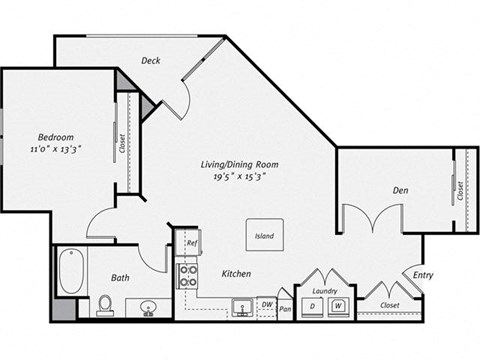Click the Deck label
(x=151, y=60)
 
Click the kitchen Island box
(x=265, y=236)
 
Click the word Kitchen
(x=236, y=273)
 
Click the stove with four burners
(x=187, y=275)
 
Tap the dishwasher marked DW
(x=266, y=305)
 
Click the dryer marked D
(x=313, y=305)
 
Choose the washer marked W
(x=339, y=305)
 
